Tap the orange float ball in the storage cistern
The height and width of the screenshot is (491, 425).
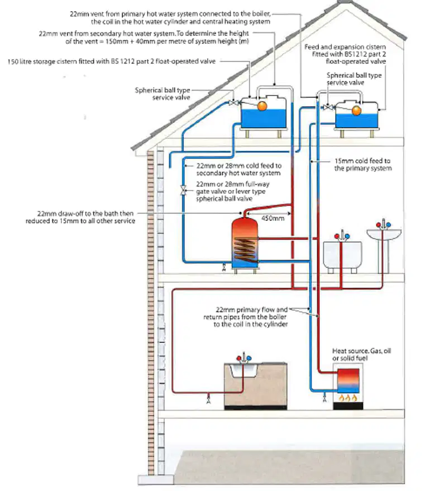(x=262, y=106)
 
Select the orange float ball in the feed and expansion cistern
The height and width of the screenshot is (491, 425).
(x=356, y=110)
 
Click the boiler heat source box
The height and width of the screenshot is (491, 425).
(x=348, y=381)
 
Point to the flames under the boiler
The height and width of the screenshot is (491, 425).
(x=348, y=398)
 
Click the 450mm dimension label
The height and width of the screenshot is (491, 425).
(x=273, y=218)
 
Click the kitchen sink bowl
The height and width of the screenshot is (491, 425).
(x=243, y=370)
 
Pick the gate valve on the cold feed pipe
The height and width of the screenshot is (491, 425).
(x=183, y=190)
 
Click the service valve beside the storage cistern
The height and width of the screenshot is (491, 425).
(x=233, y=102)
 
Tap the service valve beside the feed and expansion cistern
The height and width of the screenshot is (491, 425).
(x=328, y=107)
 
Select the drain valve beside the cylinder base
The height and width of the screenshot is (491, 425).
(x=224, y=267)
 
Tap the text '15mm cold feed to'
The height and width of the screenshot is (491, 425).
(x=362, y=161)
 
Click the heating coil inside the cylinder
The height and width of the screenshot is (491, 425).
(x=246, y=251)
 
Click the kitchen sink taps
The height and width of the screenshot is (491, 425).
(x=243, y=359)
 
